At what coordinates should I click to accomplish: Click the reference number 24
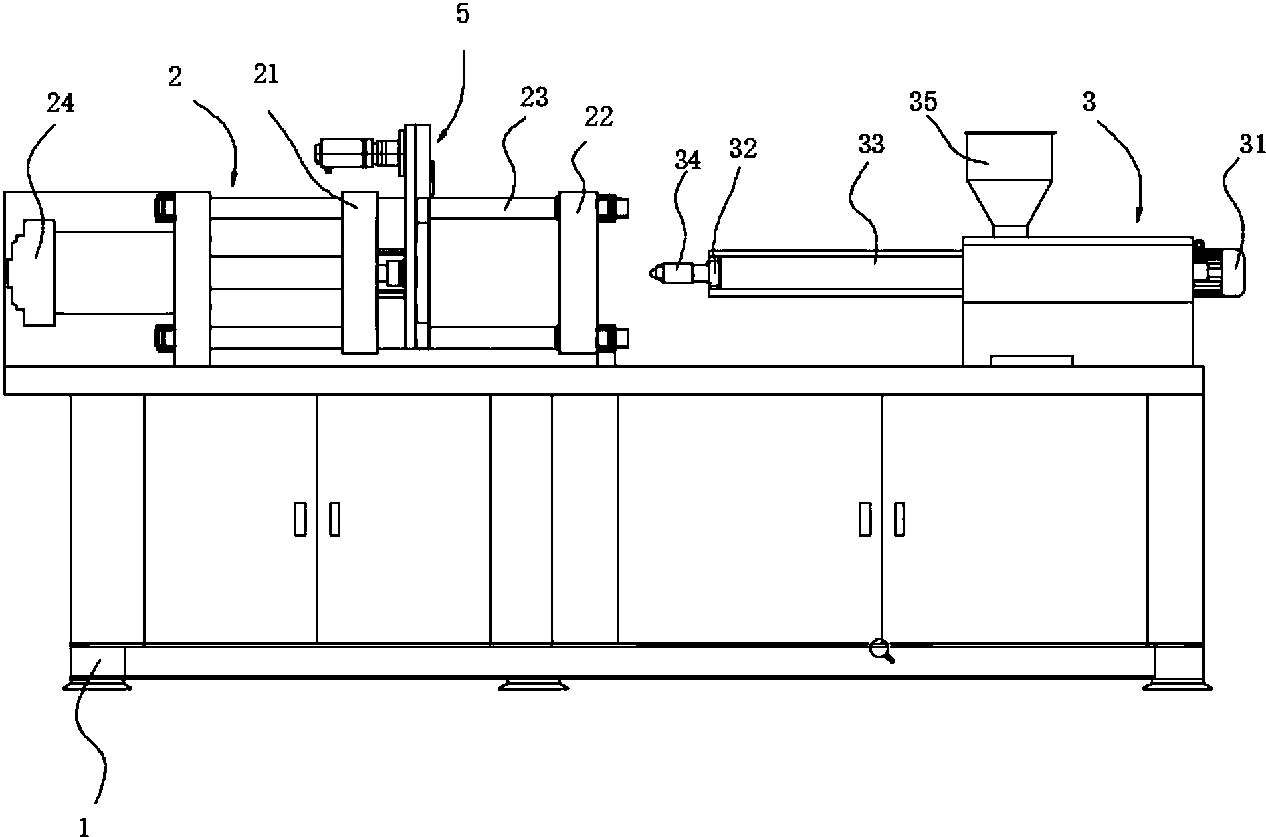pyautogui.click(x=60, y=104)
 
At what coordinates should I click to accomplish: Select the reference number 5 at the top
pyautogui.click(x=463, y=15)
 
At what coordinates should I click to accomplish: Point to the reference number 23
pyautogui.click(x=534, y=98)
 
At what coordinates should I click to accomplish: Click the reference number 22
pyautogui.click(x=599, y=116)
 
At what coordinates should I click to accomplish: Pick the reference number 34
pyautogui.click(x=687, y=160)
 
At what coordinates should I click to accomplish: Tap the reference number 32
pyautogui.click(x=742, y=149)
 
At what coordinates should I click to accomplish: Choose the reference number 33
pyautogui.click(x=871, y=144)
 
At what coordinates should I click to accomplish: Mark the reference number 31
pyautogui.click(x=1253, y=144)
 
